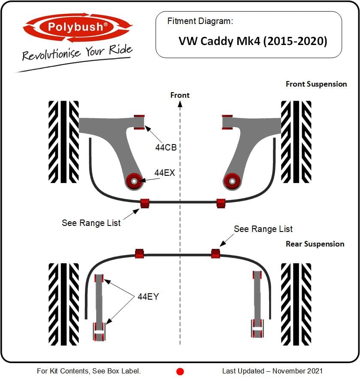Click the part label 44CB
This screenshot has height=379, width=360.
166,147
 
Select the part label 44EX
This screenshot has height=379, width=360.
164,173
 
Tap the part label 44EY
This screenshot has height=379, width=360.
148,297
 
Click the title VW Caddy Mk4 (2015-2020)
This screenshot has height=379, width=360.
253,41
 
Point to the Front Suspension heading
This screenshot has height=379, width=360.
316,84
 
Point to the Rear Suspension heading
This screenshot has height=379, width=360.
315,244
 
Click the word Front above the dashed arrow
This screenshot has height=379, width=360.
180,95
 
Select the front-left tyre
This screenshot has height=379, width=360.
64,142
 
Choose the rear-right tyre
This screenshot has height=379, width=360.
296,304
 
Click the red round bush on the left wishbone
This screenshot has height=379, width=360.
134,181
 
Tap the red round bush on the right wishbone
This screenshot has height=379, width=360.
232,181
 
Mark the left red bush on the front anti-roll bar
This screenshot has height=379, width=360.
145,203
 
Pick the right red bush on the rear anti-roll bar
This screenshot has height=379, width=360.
215,253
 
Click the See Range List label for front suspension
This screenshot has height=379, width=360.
91,223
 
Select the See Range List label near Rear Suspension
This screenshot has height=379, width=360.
263,229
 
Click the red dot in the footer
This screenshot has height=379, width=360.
180,372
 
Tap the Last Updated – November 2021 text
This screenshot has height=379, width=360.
272,371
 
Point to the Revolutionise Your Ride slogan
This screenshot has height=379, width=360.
77,52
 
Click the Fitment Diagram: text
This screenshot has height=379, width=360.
200,21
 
